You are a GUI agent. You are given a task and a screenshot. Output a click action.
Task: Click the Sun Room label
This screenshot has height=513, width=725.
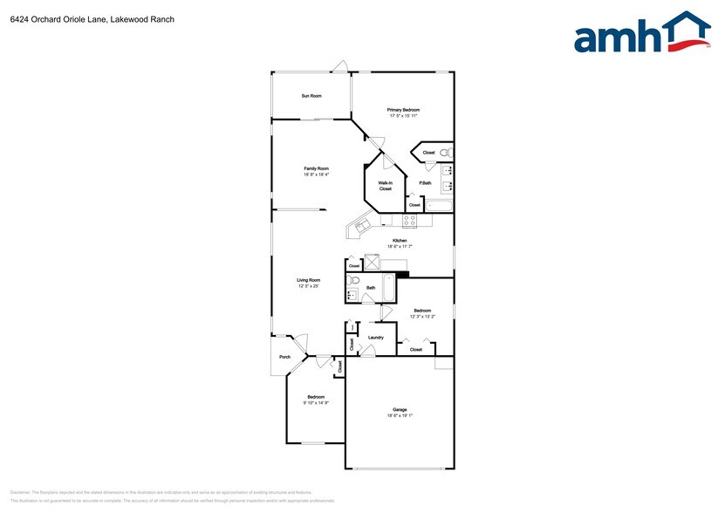(x=311, y=96)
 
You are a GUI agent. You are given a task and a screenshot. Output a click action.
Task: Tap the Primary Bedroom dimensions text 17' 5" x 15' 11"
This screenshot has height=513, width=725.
(x=403, y=115)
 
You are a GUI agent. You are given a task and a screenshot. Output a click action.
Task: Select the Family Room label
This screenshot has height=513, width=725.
(x=316, y=168)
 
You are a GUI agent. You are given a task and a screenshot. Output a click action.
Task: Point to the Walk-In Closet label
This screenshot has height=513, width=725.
(x=385, y=185)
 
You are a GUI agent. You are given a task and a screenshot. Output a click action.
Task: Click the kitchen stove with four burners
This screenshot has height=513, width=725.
(x=410, y=221)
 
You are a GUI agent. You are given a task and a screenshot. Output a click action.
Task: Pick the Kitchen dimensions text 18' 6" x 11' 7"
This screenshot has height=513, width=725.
(x=400, y=247)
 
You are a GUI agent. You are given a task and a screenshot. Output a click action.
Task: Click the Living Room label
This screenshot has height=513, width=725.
(x=309, y=280)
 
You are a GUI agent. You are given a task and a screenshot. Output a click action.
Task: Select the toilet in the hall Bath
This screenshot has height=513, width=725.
(x=353, y=281)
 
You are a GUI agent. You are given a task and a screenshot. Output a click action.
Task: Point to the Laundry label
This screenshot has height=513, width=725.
(x=376, y=338)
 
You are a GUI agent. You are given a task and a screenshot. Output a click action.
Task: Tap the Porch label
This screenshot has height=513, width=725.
(x=284, y=358)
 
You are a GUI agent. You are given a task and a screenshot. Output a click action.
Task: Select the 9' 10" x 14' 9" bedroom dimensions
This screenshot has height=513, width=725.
(x=315, y=402)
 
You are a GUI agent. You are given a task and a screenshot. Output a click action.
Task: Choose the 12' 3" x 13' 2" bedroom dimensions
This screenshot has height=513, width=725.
(x=422, y=316)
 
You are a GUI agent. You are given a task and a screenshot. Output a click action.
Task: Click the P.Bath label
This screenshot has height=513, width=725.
(x=425, y=183)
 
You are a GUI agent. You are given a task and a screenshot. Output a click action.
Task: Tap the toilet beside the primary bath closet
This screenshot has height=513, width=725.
(x=445, y=152)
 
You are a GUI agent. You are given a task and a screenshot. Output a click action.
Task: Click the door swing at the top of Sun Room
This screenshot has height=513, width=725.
(x=340, y=66)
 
